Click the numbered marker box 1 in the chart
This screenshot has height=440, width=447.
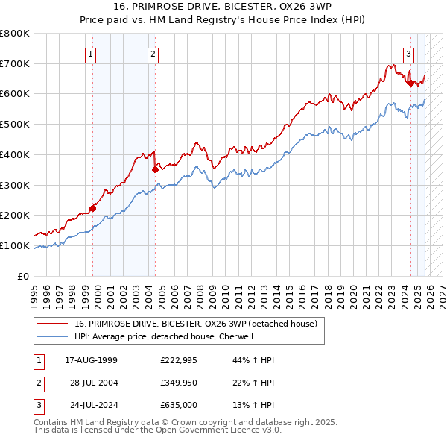click(x=90, y=53)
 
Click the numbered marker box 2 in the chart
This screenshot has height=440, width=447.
click(x=152, y=53)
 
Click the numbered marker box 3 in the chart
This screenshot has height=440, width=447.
click(x=409, y=53)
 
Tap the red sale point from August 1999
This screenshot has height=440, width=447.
click(x=93, y=208)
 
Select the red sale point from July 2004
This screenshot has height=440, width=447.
click(x=155, y=169)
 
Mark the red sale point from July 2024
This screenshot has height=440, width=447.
click(x=410, y=83)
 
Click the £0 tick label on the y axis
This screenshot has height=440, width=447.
click(x=24, y=276)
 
